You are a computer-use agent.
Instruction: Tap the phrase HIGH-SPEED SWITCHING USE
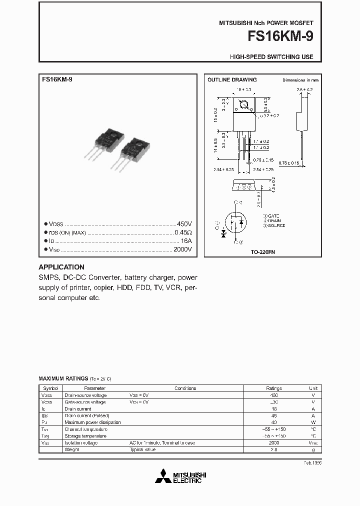pos(271,57)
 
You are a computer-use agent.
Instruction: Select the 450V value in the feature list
pos(184,224)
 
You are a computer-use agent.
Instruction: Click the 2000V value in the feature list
pos(182,249)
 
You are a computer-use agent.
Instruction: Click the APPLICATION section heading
pos(61,267)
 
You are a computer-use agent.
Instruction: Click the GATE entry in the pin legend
pos(272,215)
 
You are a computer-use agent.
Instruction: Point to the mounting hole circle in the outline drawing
pos(245,105)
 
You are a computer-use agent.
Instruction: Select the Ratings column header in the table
pos(273,388)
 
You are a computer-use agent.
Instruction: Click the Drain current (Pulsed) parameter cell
pos(87,415)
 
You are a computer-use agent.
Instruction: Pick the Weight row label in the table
pos(71,449)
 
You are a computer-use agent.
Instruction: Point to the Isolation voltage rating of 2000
pos(273,442)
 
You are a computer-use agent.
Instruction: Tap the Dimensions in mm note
pos(300,80)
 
